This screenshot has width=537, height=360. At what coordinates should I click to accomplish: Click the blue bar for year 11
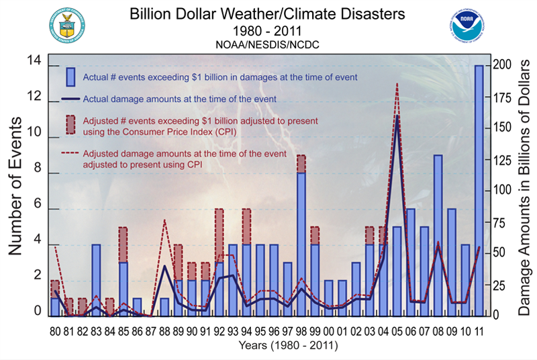coord(479,190)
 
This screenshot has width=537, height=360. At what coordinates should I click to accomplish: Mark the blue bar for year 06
coord(410,262)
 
